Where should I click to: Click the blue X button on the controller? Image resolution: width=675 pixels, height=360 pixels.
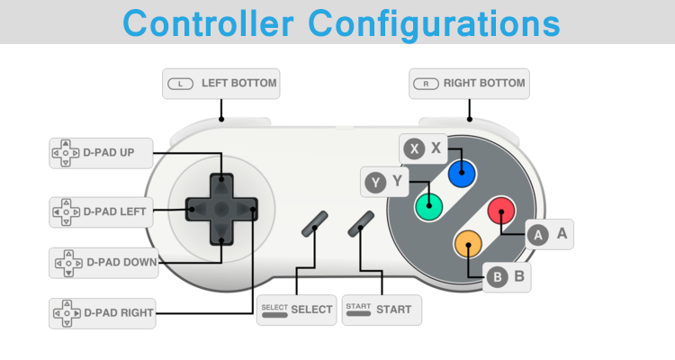click(462, 174)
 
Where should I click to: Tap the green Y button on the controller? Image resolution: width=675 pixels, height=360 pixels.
click(428, 207)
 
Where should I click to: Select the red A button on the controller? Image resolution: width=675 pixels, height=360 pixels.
click(500, 211)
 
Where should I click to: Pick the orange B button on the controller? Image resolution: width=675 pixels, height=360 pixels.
click(467, 243)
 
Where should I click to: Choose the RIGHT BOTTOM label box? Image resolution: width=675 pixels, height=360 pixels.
click(469, 84)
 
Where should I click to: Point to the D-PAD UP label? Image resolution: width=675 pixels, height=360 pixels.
click(101, 153)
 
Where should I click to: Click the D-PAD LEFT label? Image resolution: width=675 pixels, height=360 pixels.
click(101, 212)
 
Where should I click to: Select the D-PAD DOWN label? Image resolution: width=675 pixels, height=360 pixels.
click(103, 264)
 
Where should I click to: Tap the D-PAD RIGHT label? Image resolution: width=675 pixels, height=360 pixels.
click(103, 313)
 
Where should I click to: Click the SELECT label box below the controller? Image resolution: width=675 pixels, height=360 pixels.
click(296, 310)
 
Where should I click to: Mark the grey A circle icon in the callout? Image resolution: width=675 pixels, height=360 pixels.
click(538, 235)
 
